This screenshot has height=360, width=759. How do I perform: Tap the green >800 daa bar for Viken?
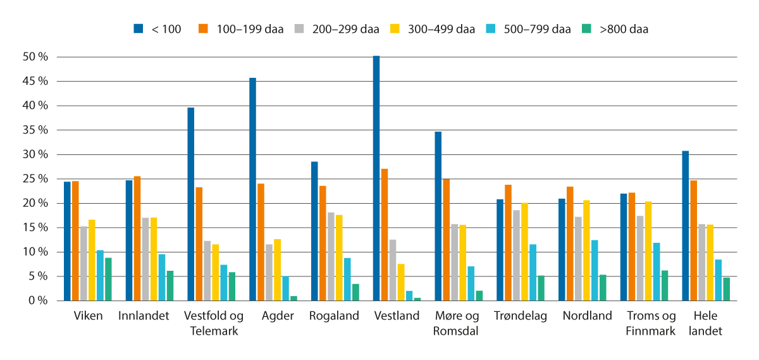(108, 279)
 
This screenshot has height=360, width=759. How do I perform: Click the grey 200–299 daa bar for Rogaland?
(331, 256)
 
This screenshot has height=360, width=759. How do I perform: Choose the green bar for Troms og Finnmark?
(664, 285)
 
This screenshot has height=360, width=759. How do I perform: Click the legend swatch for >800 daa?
(586, 28)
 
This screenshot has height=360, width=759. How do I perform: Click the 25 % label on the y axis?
(35, 179)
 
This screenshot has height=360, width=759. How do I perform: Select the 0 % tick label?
(37, 301)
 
